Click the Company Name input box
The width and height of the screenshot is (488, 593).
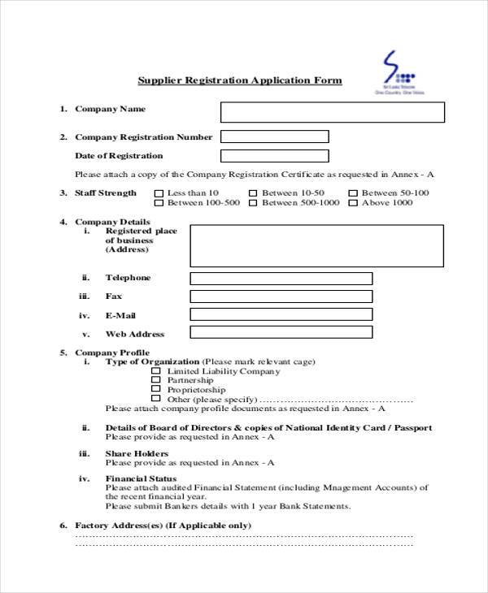pyautogui.click(x=333, y=112)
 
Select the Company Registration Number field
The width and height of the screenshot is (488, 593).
pyautogui.click(x=275, y=136)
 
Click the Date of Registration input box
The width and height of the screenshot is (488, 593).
pyautogui.click(x=275, y=156)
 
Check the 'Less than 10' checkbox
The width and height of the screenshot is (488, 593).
pyautogui.click(x=157, y=193)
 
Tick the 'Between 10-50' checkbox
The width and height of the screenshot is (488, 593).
pyautogui.click(x=252, y=193)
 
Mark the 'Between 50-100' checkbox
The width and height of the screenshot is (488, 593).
pyautogui.click(x=352, y=193)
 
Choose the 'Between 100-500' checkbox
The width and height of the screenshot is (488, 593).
pyautogui.click(x=157, y=203)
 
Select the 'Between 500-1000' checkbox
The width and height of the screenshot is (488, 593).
pyautogui.click(x=252, y=203)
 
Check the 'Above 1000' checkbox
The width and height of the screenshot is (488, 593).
pyautogui.click(x=352, y=203)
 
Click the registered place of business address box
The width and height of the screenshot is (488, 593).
pyautogui.click(x=316, y=245)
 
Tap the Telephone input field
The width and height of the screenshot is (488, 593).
pyautogui.click(x=281, y=279)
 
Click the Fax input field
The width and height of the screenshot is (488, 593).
pyautogui.click(x=281, y=296)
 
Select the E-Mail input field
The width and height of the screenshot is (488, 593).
pyautogui.click(x=281, y=314)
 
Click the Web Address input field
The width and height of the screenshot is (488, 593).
pyautogui.click(x=281, y=332)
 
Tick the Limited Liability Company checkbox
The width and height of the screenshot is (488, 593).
pyautogui.click(x=156, y=371)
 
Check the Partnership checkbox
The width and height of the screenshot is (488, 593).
pyautogui.click(x=156, y=380)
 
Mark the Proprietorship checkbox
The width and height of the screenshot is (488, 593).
pyautogui.click(x=156, y=390)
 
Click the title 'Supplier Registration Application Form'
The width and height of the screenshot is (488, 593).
pyautogui.click(x=240, y=80)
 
